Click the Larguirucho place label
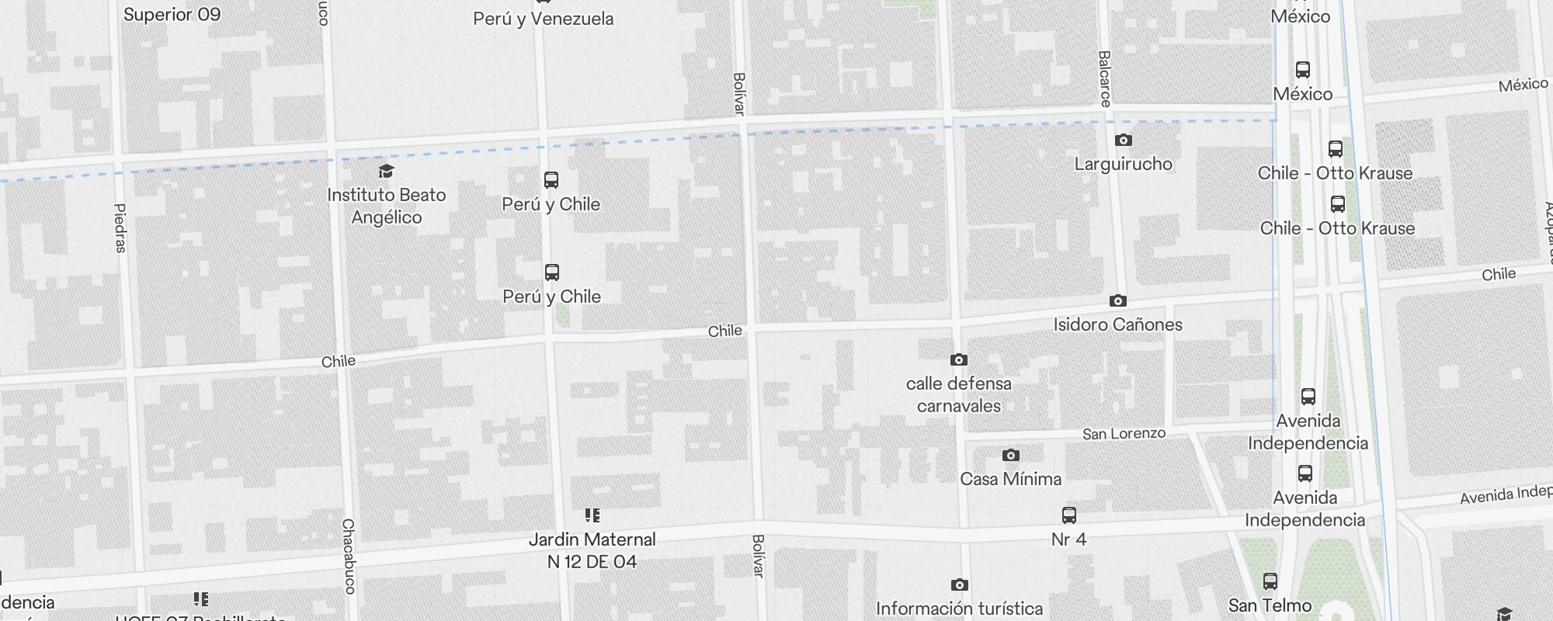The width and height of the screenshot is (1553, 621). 1123,164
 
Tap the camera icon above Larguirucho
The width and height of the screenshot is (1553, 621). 1123,141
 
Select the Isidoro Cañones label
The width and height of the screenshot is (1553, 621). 1117,324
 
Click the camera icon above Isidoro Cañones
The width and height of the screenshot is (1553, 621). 1117,301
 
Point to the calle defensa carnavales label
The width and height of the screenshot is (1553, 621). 958,394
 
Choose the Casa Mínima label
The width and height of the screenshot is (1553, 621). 1010,479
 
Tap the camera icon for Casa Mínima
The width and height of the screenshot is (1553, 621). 1010,456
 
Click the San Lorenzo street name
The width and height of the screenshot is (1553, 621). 1124,434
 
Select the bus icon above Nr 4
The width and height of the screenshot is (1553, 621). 1069,515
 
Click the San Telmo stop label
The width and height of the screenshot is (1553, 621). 1270,605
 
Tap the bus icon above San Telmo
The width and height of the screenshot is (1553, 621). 1270,581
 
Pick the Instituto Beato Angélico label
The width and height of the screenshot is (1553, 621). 387,206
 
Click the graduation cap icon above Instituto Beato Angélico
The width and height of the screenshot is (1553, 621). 386,172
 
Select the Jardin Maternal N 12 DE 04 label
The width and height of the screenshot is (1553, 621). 592,550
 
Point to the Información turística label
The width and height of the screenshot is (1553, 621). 959,609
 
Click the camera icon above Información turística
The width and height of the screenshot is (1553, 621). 959,585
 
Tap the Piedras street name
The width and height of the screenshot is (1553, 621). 120,228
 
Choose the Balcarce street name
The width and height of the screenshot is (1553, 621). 1105,78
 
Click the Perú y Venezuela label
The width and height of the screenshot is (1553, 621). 543,19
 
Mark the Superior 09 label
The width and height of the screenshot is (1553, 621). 172,15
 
